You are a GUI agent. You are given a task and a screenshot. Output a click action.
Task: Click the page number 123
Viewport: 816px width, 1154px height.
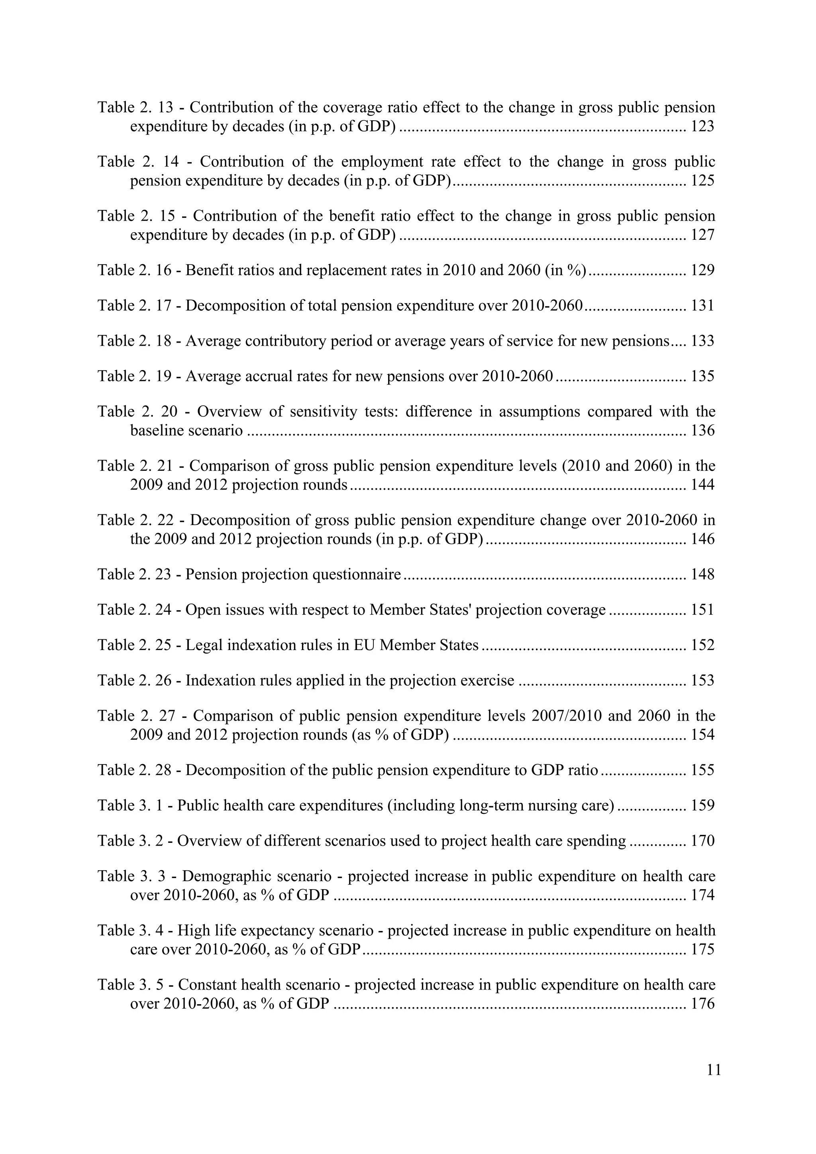click(x=702, y=126)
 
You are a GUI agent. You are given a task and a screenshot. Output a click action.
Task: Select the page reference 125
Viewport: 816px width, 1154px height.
click(x=702, y=180)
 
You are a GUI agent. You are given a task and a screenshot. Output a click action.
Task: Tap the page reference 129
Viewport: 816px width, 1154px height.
click(x=702, y=270)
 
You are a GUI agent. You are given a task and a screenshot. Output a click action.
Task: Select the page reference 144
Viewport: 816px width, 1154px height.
click(x=702, y=485)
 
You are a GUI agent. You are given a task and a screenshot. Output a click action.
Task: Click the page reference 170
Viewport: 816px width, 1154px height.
click(x=702, y=841)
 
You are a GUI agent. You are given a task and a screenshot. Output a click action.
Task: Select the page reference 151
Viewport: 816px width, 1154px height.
click(x=702, y=610)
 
